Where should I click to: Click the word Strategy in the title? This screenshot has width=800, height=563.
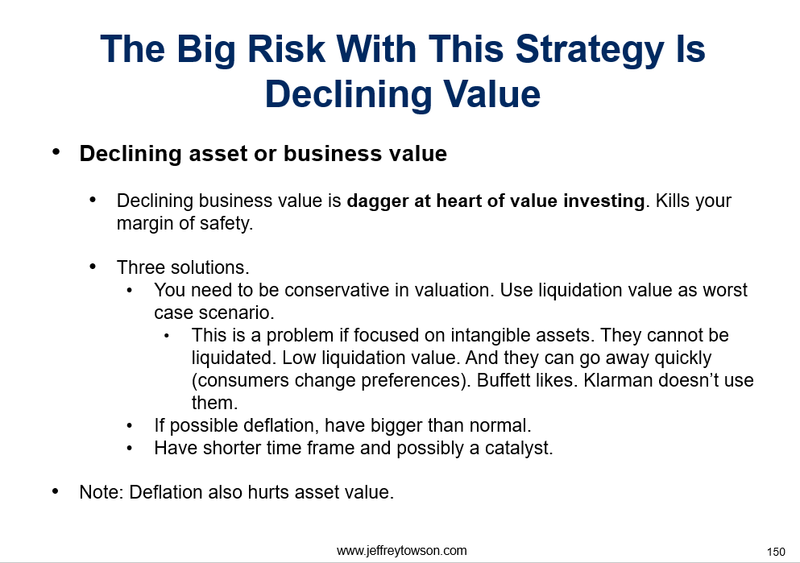tap(589, 50)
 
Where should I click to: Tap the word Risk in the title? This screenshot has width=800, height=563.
tap(287, 49)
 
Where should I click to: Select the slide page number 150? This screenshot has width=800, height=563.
tap(776, 552)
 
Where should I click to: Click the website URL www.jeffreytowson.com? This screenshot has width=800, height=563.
tap(401, 551)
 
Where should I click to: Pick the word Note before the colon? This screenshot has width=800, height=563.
tap(98, 493)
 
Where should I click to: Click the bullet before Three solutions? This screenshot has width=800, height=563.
tap(93, 267)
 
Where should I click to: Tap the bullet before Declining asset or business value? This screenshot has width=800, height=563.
tap(56, 151)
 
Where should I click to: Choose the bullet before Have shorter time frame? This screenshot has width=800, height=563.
tap(130, 449)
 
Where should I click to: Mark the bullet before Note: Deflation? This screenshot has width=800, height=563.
tap(55, 491)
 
